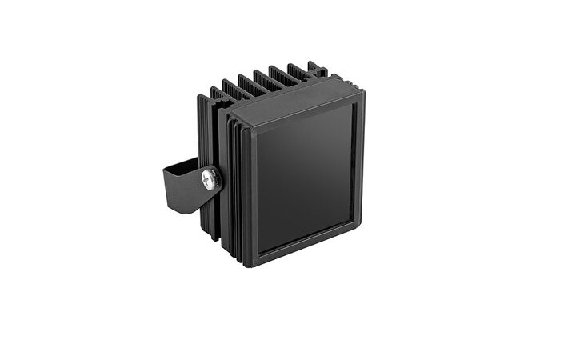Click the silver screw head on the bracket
pyautogui.click(x=210, y=178)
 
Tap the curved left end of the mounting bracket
pyautogui.click(x=166, y=185)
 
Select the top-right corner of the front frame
pyautogui.click(x=362, y=91)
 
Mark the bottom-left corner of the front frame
pyautogui.click(x=248, y=263)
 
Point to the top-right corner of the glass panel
pyautogui.click(x=353, y=105)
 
